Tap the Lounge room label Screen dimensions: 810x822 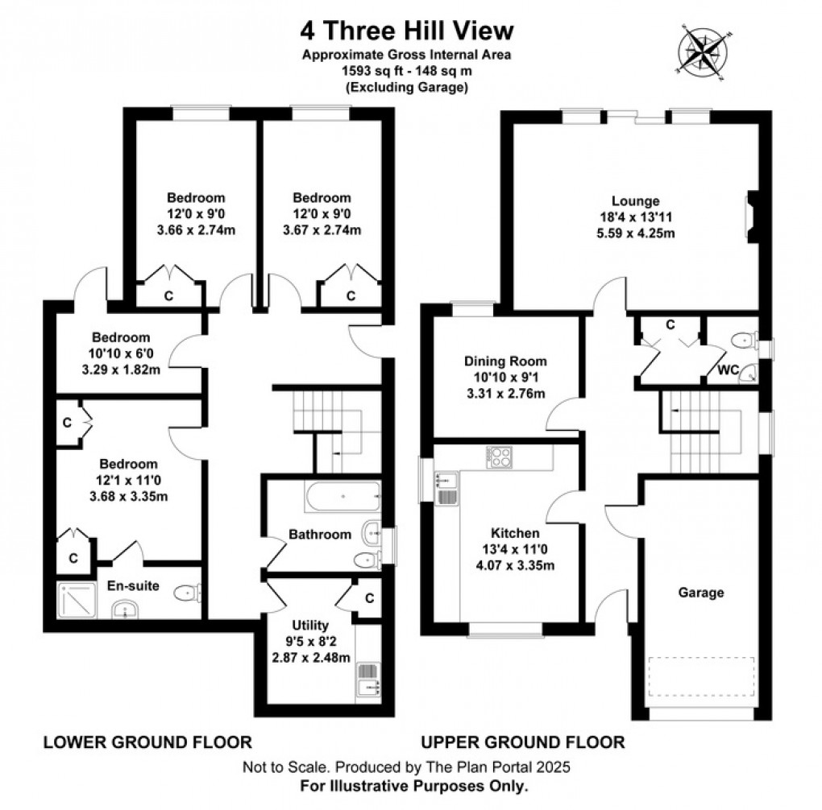pos(635,201)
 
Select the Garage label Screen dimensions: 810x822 pos(700,593)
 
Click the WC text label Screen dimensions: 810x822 pos(729,371)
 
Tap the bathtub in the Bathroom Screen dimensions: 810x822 pos(342,497)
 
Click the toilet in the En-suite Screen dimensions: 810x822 pos(187,593)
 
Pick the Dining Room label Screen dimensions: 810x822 pos(505,362)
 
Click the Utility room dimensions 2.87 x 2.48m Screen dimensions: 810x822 pos(310,657)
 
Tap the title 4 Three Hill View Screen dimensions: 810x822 pos(407,31)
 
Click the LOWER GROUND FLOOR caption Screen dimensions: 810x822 pos(147,742)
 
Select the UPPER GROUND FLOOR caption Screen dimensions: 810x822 pos(522,742)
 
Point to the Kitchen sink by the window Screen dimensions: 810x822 pos(446,487)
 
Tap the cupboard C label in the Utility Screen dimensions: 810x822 pos(369,598)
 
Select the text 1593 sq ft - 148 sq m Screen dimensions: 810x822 pos(407,72)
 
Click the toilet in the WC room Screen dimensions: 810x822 pos(742,343)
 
